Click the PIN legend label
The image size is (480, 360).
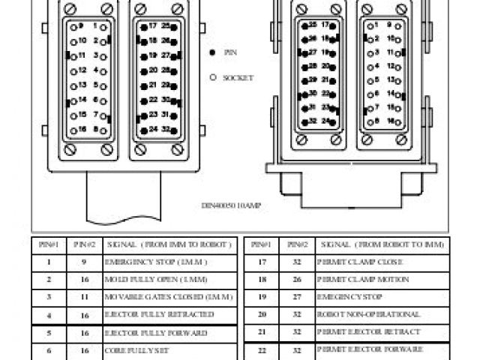(230, 52)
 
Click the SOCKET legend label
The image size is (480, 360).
(238, 77)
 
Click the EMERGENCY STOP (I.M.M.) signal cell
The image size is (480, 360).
(155, 262)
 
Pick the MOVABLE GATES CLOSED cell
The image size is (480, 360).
(168, 297)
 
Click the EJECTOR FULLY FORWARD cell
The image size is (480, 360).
(155, 332)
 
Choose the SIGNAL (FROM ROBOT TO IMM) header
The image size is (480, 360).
(382, 244)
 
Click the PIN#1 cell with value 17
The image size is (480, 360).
(262, 262)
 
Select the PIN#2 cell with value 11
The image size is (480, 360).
(84, 297)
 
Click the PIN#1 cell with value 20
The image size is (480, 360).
(262, 314)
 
